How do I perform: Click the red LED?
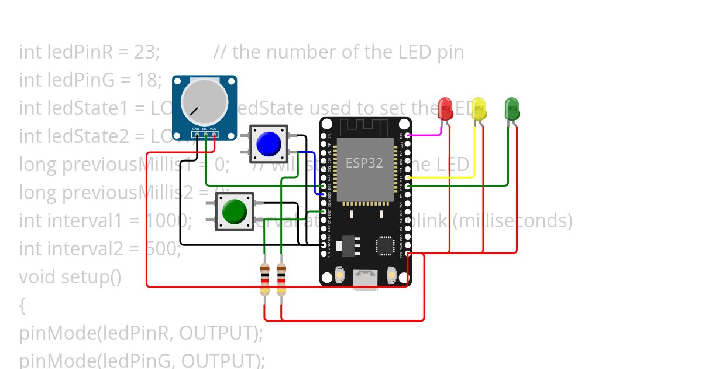point(445,108)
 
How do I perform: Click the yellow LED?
point(479,109)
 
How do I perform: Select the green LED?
point(512,108)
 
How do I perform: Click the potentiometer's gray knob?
point(204,101)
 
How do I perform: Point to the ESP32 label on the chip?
point(364,163)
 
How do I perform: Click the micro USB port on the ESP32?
point(366,278)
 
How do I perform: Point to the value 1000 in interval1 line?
point(167,221)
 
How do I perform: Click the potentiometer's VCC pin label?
point(214,129)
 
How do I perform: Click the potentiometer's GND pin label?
point(196,129)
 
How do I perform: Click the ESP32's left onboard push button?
point(339,274)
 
